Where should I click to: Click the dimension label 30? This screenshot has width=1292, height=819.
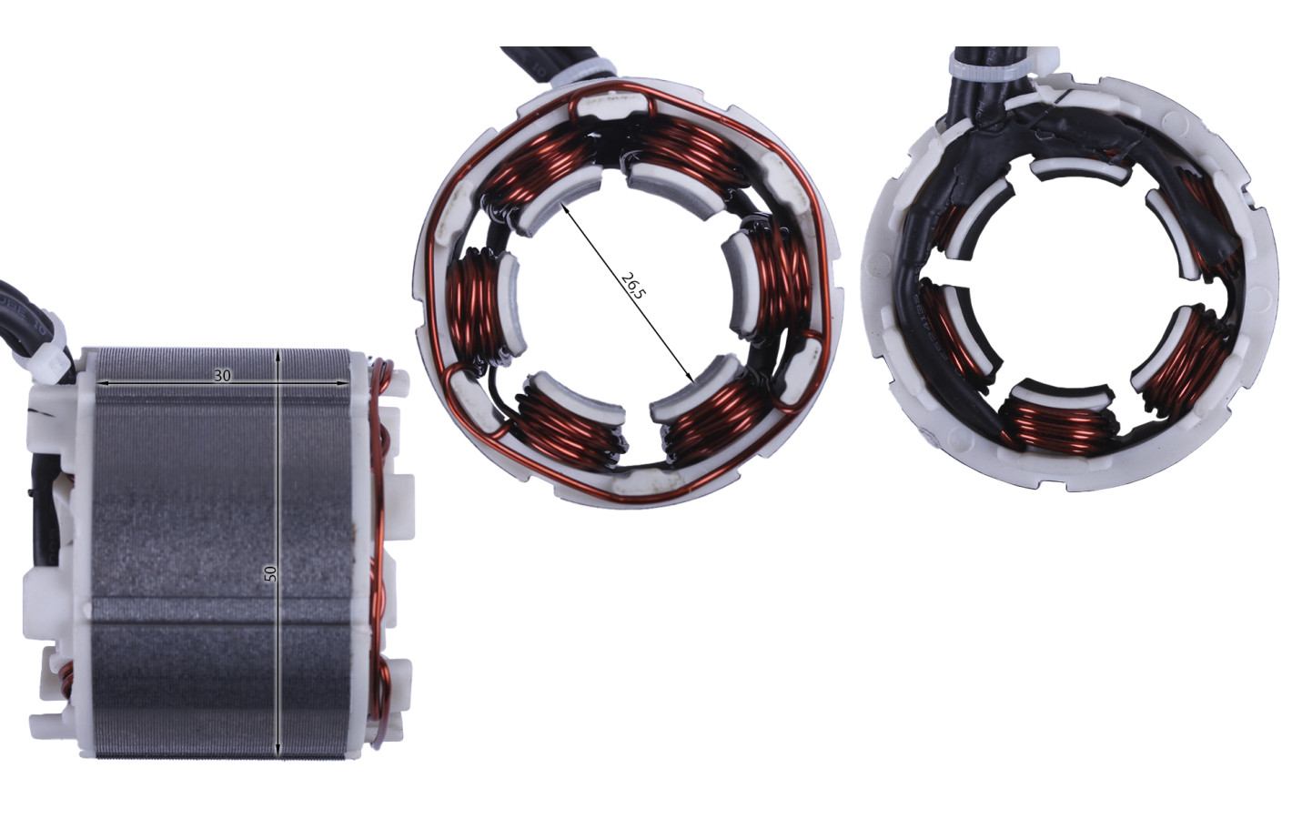point(223,376)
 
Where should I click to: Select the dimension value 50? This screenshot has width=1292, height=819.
point(270,572)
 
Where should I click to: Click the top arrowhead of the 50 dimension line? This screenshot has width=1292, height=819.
point(278,354)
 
